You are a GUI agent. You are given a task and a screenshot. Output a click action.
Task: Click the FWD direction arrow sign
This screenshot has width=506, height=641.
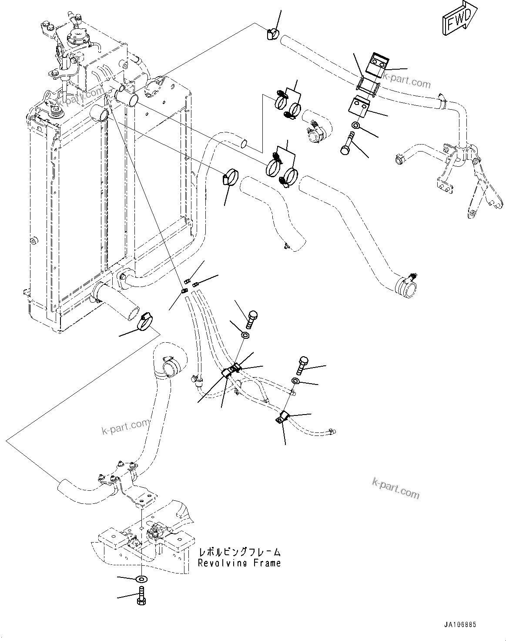[x=458, y=20]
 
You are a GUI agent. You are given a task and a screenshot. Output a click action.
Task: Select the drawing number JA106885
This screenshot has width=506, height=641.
[x=460, y=624]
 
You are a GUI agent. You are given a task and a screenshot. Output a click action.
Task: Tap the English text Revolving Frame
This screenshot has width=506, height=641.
[x=239, y=563]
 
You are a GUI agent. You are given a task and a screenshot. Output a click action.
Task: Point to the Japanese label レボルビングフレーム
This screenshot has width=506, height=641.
[x=239, y=552]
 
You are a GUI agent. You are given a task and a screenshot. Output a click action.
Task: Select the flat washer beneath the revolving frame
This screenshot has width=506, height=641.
[x=141, y=579]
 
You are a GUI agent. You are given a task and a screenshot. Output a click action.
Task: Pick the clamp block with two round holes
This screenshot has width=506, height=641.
[x=375, y=63]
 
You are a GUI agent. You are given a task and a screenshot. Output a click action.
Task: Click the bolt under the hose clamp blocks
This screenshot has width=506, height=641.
[x=347, y=143]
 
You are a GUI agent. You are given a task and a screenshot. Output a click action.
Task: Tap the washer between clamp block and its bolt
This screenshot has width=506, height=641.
[x=355, y=125]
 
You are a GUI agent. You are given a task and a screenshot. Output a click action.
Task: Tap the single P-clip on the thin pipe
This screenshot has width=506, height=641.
[x=281, y=418]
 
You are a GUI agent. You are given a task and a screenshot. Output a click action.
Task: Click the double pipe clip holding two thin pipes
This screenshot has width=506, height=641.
[x=231, y=371]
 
